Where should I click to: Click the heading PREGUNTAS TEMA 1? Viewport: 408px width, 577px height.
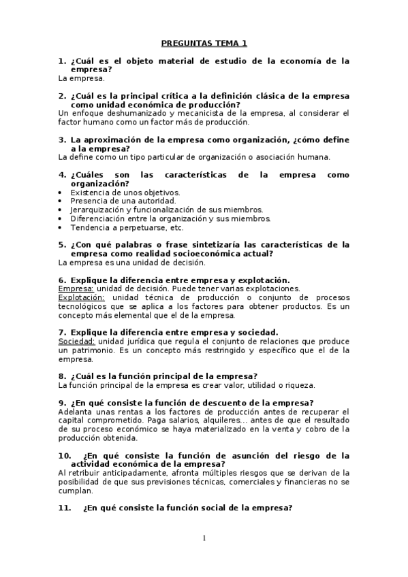[x=204, y=44]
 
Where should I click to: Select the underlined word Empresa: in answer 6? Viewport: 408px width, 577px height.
[x=76, y=288]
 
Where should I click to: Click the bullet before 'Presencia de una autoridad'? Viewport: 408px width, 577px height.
[x=61, y=201]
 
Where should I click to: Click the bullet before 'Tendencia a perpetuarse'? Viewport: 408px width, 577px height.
[x=61, y=228]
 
